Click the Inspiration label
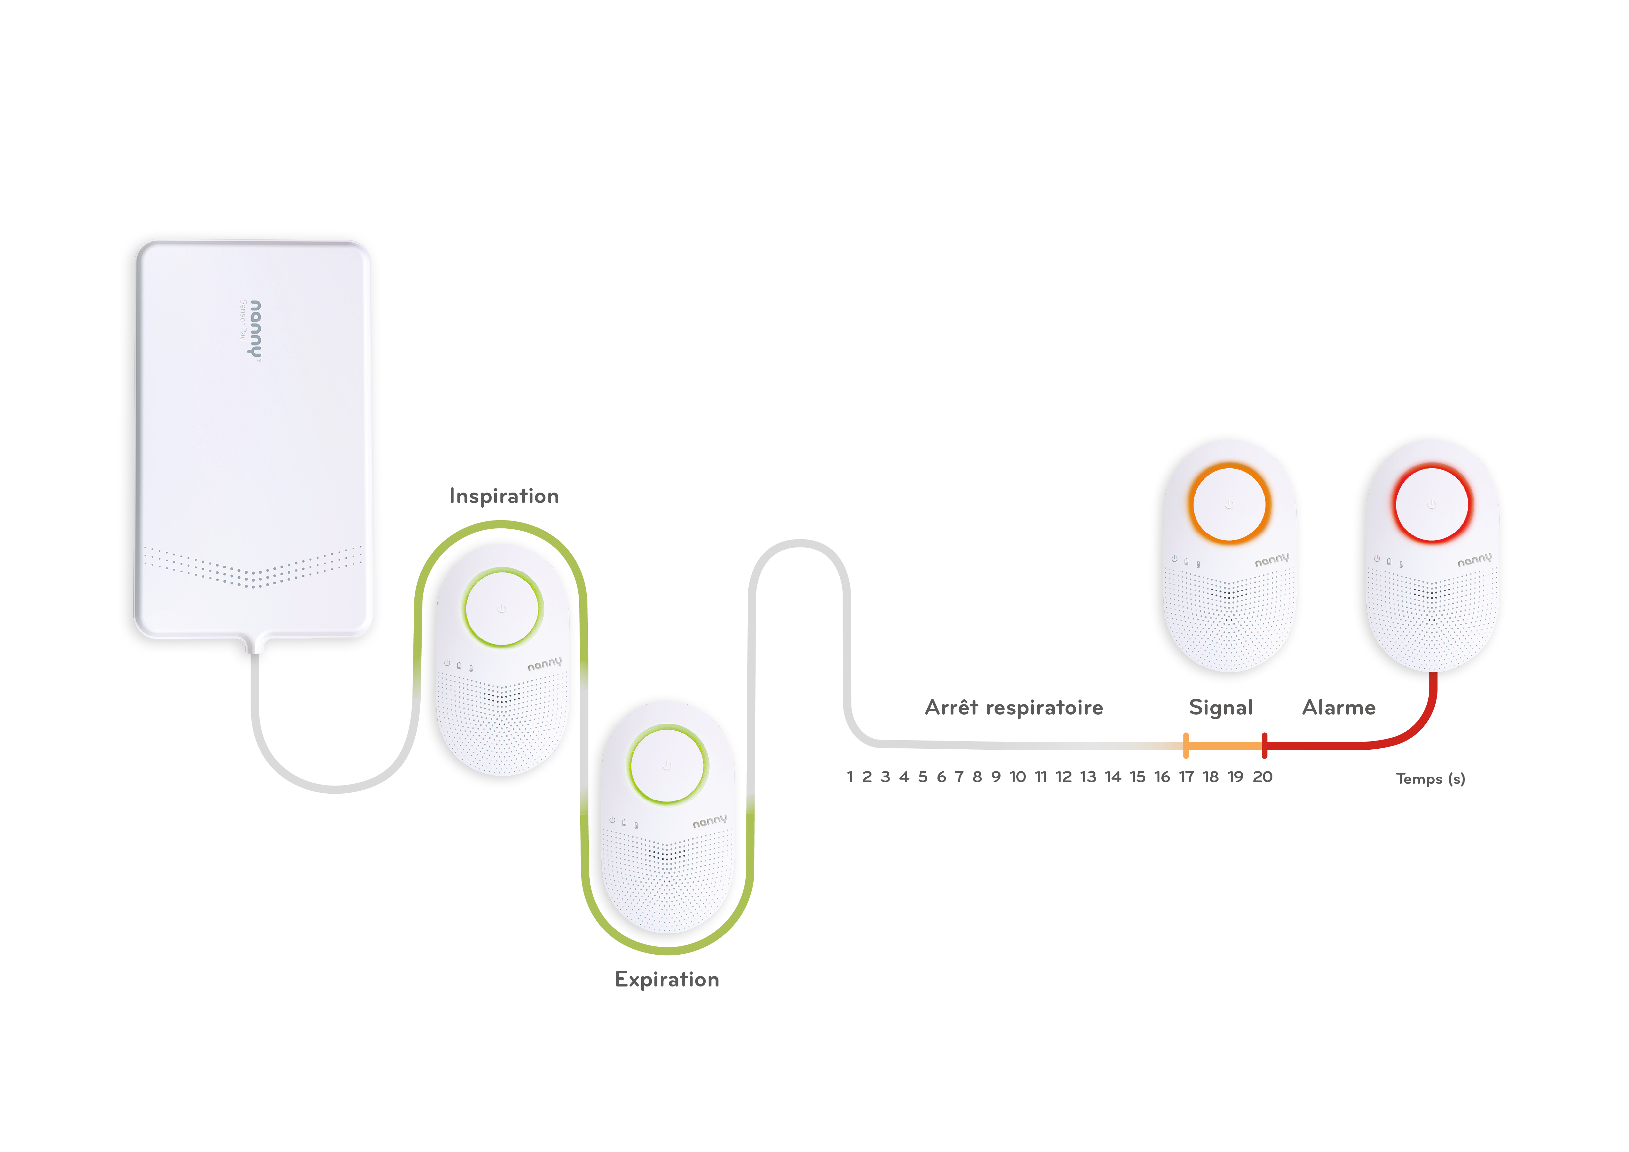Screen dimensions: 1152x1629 [x=504, y=496]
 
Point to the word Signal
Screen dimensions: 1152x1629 [x=1220, y=707]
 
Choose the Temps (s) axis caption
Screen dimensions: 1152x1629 [x=1430, y=779]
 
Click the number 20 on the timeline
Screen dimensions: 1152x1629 [x=1262, y=777]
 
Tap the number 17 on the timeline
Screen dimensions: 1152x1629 [x=1186, y=777]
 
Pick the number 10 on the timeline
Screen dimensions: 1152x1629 [x=1017, y=777]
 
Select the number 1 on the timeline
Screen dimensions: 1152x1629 [x=850, y=777]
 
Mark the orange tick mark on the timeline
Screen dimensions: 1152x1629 [x=1186, y=745]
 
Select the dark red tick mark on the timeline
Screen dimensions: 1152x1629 [x=1264, y=745]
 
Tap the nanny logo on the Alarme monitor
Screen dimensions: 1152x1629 [x=1474, y=560]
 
